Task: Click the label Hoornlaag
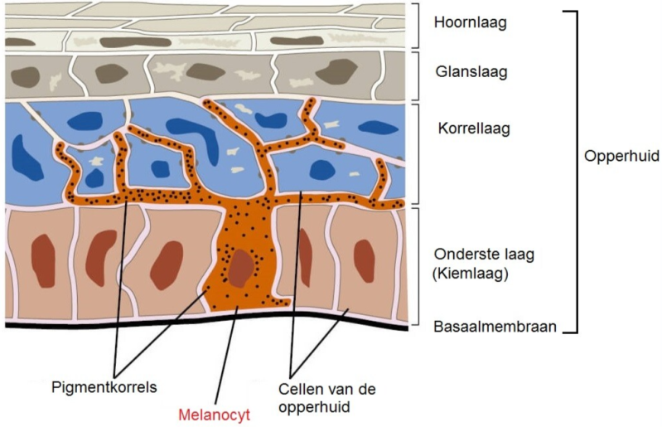(x=469, y=22)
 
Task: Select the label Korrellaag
(x=472, y=129)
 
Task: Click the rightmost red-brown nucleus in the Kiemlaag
(x=365, y=260)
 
